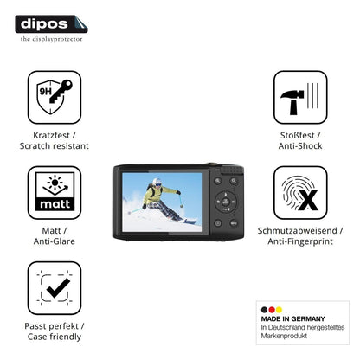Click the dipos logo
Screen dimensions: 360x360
click(x=51, y=24)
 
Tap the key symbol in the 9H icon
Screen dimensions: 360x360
click(x=61, y=91)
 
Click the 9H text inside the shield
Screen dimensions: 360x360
click(x=45, y=92)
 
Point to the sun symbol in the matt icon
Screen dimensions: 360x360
click(x=55, y=182)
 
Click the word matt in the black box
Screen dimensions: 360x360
click(x=55, y=204)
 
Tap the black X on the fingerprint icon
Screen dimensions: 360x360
click(x=308, y=200)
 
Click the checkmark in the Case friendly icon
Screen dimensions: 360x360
click(x=58, y=288)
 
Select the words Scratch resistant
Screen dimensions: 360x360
click(x=55, y=146)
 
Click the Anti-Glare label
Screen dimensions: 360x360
click(x=55, y=241)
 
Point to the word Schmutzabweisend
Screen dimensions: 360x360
click(x=297, y=230)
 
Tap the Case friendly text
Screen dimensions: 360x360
click(x=55, y=337)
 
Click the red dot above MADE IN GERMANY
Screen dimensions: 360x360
click(x=272, y=310)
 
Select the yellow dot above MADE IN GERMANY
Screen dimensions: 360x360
click(x=279, y=310)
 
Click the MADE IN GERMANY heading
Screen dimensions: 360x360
click(x=292, y=318)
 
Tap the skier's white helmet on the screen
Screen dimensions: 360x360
click(x=157, y=182)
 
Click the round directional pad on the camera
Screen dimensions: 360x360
click(x=226, y=202)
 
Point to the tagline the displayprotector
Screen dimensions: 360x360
click(x=51, y=39)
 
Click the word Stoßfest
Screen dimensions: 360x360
click(x=297, y=135)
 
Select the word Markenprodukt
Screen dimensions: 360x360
click(x=284, y=336)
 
